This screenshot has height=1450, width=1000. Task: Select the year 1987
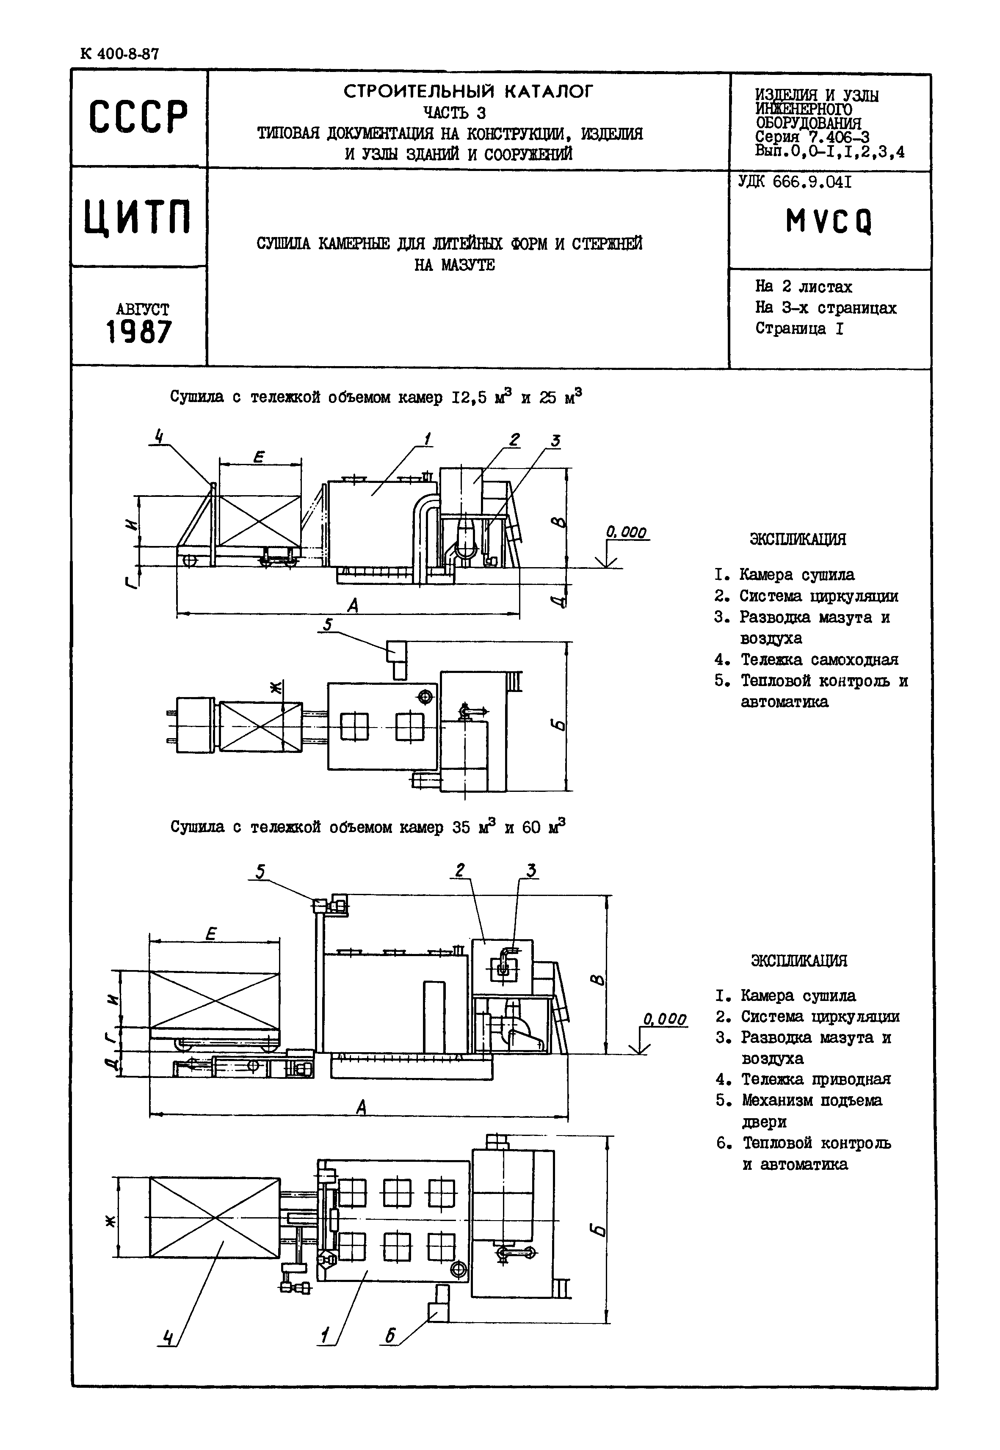tap(139, 331)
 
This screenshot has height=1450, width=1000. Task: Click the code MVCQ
tap(829, 221)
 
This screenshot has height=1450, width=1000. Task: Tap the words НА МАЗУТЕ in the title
tap(455, 265)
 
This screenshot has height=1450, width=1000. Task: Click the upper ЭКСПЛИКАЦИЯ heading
tap(798, 539)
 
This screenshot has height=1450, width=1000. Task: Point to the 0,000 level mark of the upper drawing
tap(625, 532)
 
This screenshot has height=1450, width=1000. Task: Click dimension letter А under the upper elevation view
tap(353, 605)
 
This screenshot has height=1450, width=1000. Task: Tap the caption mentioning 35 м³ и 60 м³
tap(368, 827)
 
